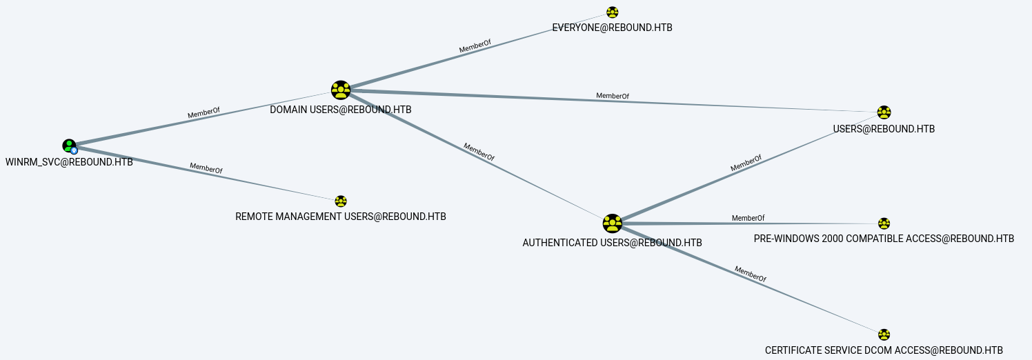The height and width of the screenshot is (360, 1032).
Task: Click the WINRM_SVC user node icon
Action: (70, 146)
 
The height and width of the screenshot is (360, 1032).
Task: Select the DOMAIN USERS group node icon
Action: (341, 90)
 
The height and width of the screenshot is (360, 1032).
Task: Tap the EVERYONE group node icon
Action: (613, 12)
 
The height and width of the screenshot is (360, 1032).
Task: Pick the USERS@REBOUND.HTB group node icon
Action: (884, 112)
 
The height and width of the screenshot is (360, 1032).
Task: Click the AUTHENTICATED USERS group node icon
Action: (613, 223)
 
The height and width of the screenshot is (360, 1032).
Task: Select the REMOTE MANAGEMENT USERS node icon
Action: (341, 201)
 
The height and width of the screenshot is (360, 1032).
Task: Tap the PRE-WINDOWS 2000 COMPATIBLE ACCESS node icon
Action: (884, 223)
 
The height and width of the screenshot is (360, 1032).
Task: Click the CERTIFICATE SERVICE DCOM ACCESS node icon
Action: (884, 334)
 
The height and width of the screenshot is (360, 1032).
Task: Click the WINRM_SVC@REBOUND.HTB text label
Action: (69, 163)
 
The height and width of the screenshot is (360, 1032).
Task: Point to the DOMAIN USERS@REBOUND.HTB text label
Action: (341, 110)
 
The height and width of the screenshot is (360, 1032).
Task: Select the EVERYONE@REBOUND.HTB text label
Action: (613, 28)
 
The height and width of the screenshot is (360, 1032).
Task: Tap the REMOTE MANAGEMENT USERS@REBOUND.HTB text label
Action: (341, 217)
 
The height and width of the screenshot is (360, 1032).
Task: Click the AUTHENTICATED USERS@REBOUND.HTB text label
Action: (613, 243)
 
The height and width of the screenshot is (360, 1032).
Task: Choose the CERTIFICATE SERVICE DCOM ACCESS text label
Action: (884, 351)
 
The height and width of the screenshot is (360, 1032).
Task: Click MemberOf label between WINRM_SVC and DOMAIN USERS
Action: (204, 113)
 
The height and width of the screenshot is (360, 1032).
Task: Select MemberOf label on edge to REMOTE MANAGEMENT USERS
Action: (206, 168)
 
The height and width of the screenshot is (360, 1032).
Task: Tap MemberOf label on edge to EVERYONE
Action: (475, 46)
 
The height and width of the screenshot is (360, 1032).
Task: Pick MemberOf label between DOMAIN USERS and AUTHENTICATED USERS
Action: (479, 152)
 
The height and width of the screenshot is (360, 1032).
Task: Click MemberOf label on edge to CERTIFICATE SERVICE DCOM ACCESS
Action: (751, 274)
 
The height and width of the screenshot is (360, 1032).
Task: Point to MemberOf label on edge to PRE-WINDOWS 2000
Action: (748, 218)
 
